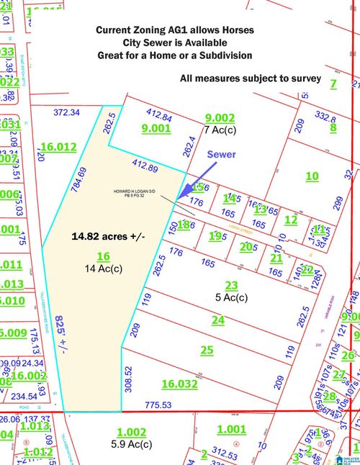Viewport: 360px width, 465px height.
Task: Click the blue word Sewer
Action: (221, 155)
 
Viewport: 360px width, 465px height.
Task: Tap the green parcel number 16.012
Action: (58, 147)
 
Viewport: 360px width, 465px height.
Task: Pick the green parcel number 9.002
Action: (220, 118)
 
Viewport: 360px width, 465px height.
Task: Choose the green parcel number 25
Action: (207, 351)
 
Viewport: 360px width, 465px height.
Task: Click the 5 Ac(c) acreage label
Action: (230, 297)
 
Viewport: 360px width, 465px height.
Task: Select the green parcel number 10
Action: (312, 176)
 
